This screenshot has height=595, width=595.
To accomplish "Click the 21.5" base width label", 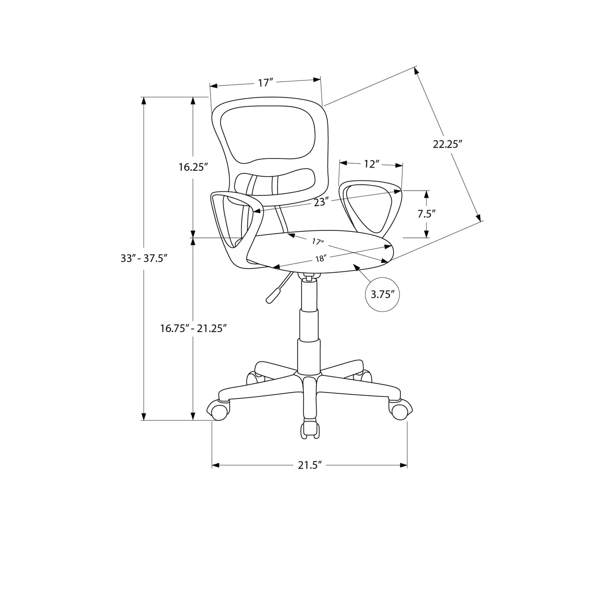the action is coord(309,465).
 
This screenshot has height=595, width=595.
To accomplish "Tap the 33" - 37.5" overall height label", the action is coord(144,259).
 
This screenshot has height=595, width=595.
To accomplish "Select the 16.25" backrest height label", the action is coord(194,167).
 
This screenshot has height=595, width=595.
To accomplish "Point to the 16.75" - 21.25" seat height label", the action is coord(194,328).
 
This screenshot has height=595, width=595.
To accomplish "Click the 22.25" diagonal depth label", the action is coord(448,144).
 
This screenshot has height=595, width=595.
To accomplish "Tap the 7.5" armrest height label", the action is coord(426,214).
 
